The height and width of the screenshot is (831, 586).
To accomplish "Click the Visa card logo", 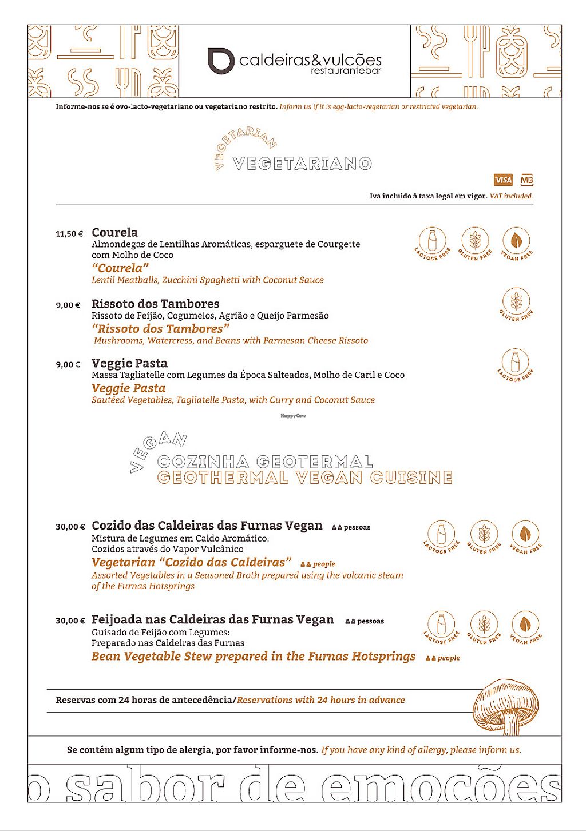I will (x=503, y=180).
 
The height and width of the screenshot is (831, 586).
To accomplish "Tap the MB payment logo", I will (x=527, y=180).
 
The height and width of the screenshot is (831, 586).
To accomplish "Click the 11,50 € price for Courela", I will (x=69, y=234).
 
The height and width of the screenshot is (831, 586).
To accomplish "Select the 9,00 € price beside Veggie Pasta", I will (x=68, y=364).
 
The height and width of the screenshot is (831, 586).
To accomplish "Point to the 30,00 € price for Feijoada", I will (x=70, y=621).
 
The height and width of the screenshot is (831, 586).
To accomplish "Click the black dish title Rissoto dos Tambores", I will (x=155, y=304).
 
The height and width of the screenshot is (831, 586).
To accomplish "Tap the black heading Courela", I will (x=114, y=232).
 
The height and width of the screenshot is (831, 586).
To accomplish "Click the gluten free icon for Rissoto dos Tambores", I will (x=516, y=302).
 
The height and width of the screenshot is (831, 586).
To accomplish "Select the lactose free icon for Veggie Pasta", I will (x=516, y=363).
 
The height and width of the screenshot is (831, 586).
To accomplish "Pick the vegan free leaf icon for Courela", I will (x=517, y=241).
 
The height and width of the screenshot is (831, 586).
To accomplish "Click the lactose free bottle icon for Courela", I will (x=432, y=241).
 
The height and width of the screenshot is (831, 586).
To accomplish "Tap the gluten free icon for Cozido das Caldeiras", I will (x=484, y=535).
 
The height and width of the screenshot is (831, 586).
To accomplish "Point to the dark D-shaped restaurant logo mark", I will (x=220, y=61).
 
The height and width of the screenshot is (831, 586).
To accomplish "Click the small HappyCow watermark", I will (x=293, y=416).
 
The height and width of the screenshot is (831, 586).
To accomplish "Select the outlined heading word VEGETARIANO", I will (x=302, y=164).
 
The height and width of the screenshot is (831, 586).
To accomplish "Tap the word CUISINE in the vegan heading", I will (x=411, y=478).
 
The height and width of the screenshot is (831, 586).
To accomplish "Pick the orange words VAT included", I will (x=511, y=196).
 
